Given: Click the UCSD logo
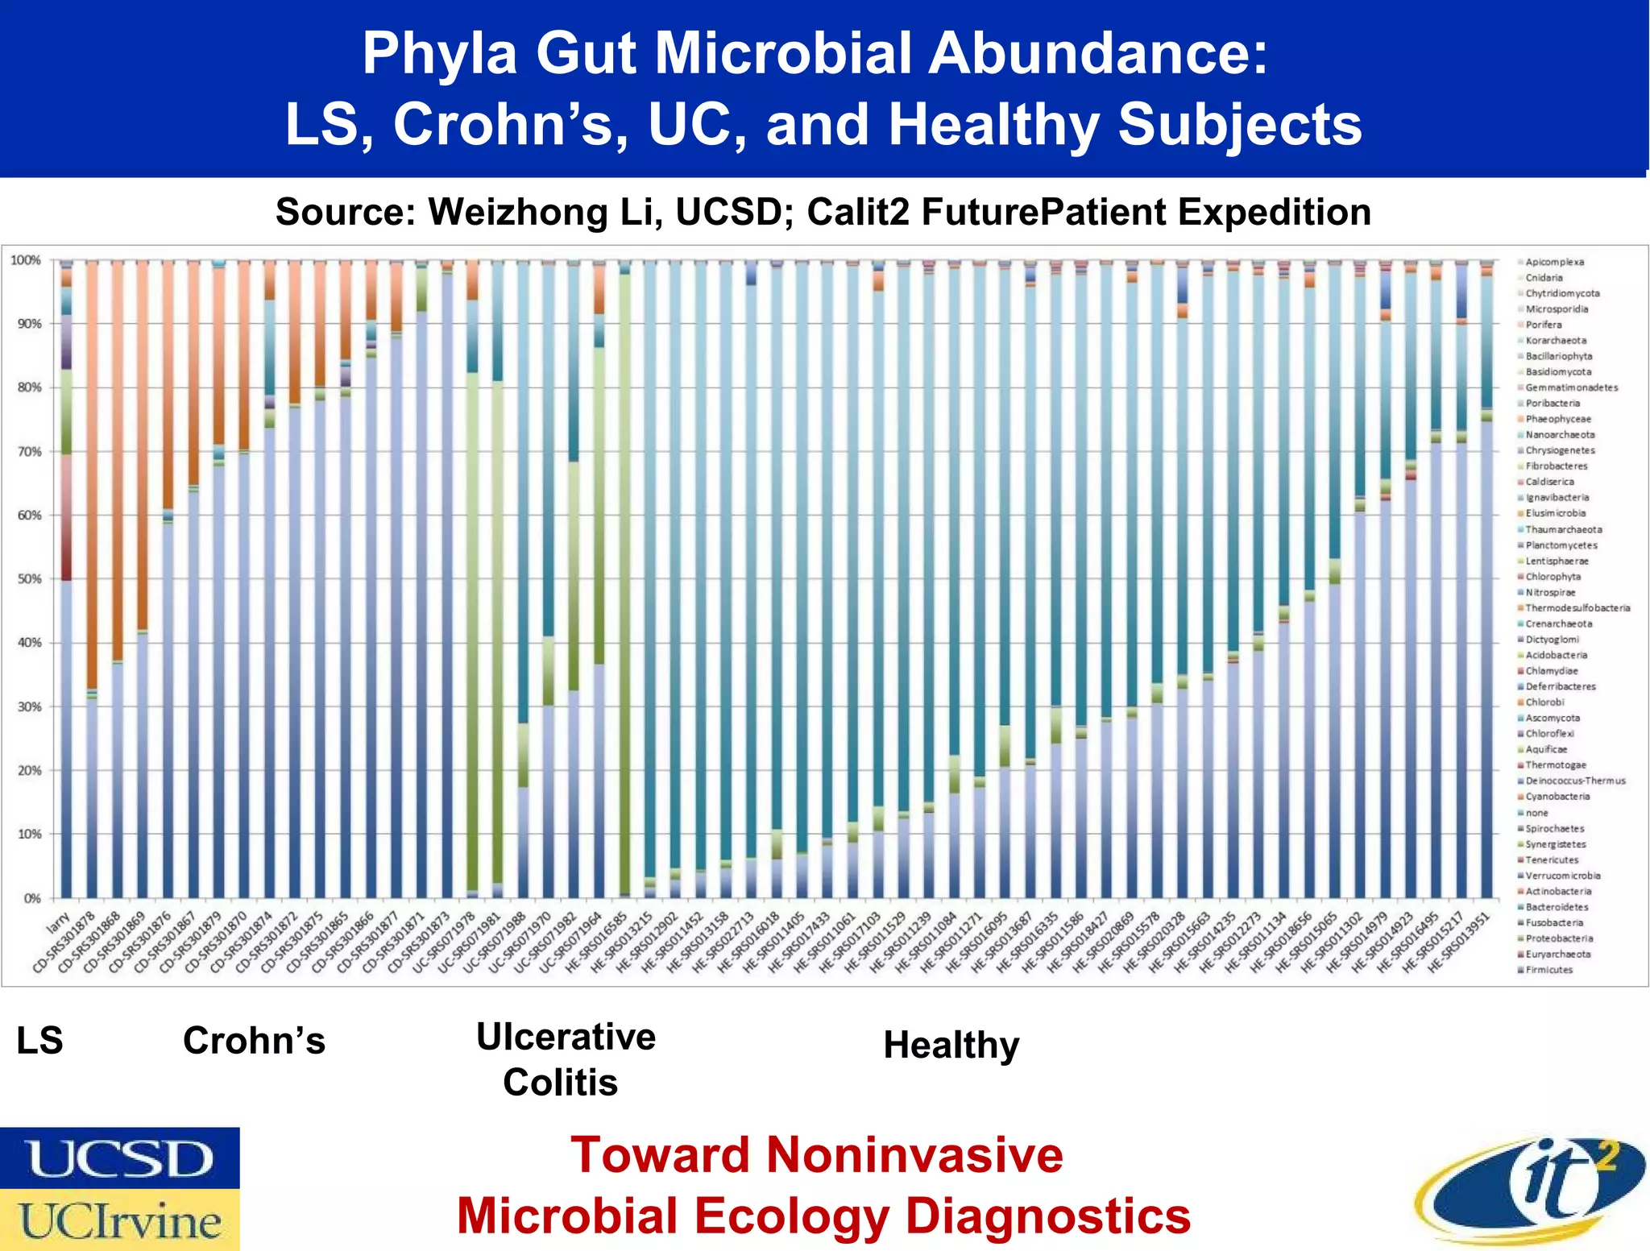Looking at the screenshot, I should (119, 1158).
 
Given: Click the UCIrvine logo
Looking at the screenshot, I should (119, 1220).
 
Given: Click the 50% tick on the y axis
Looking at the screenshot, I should (25, 579).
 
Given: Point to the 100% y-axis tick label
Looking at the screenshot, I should (25, 260).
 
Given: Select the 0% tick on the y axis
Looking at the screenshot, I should (31, 898).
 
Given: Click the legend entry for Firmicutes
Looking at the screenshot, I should (1548, 970).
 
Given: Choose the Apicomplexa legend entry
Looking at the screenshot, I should (1554, 262).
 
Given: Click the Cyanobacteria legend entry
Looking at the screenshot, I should (1557, 797).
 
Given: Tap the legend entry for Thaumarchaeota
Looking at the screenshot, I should (1563, 529).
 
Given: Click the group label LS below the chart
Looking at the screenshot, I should (39, 1041).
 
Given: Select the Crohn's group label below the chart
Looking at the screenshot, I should (254, 1041).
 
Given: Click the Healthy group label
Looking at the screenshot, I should (951, 1046).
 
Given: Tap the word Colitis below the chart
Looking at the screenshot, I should (560, 1083).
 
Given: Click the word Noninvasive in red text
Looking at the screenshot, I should (914, 1155).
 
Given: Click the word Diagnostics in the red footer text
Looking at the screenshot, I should (1047, 1216).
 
